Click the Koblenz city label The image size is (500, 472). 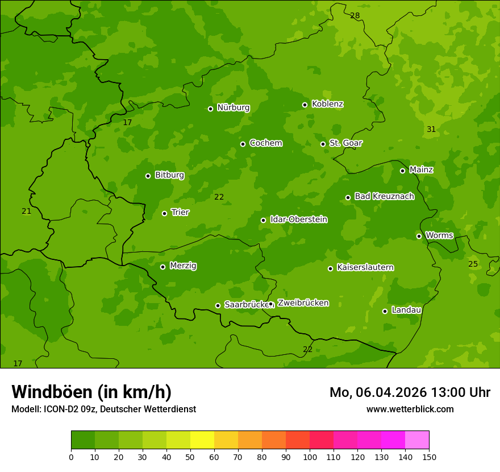327,104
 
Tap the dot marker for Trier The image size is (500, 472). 165,213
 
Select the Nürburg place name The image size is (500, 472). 233,107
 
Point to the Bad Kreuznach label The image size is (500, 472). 384,196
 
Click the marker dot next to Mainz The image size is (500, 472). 402,171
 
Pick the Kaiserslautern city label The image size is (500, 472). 365,267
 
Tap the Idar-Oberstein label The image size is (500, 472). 298,220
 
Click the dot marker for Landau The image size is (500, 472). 385,311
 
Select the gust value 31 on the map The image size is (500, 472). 431,130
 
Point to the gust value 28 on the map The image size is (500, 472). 355,15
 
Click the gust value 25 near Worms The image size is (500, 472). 473,264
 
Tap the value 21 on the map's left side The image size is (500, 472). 27,211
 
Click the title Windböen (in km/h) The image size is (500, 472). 91,392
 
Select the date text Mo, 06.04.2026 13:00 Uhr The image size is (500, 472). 410,392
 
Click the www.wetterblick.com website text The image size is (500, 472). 410,409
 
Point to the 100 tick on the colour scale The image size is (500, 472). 310,456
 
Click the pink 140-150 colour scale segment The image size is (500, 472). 417,440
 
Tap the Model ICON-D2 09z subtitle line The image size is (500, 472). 103,409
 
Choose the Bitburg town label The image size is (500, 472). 169,175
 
